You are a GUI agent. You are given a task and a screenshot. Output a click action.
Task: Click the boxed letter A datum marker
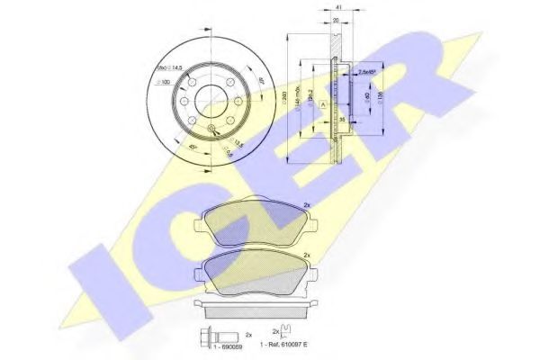[x=322, y=103]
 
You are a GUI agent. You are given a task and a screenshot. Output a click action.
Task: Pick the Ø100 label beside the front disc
[x=165, y=83]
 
